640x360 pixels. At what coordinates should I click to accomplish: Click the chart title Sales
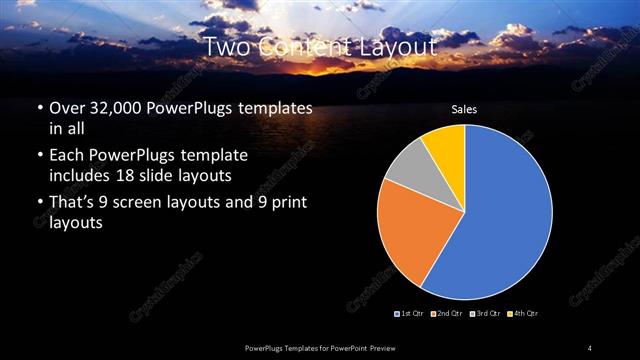pos(464,108)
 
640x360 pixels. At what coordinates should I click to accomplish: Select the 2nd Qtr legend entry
pos(446,314)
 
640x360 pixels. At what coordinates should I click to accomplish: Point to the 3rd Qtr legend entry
pos(486,314)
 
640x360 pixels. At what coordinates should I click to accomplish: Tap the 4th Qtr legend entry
pos(524,314)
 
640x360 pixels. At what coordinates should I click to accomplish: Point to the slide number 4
pos(590,347)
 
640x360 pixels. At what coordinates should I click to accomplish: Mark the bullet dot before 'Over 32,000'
pos(38,108)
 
